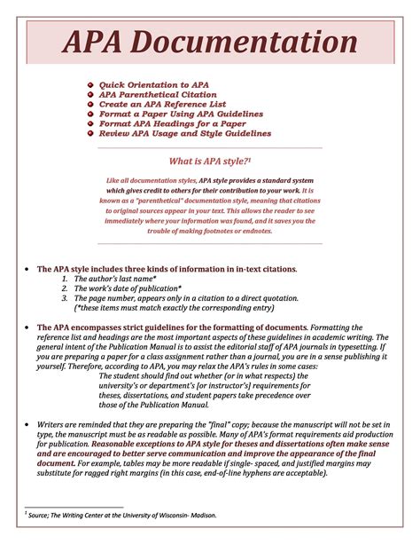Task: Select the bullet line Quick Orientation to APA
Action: (x=153, y=85)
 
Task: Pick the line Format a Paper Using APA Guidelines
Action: (x=181, y=114)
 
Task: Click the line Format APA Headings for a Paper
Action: (x=172, y=124)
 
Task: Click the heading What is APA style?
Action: (x=209, y=161)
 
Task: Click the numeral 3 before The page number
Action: (x=65, y=298)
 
